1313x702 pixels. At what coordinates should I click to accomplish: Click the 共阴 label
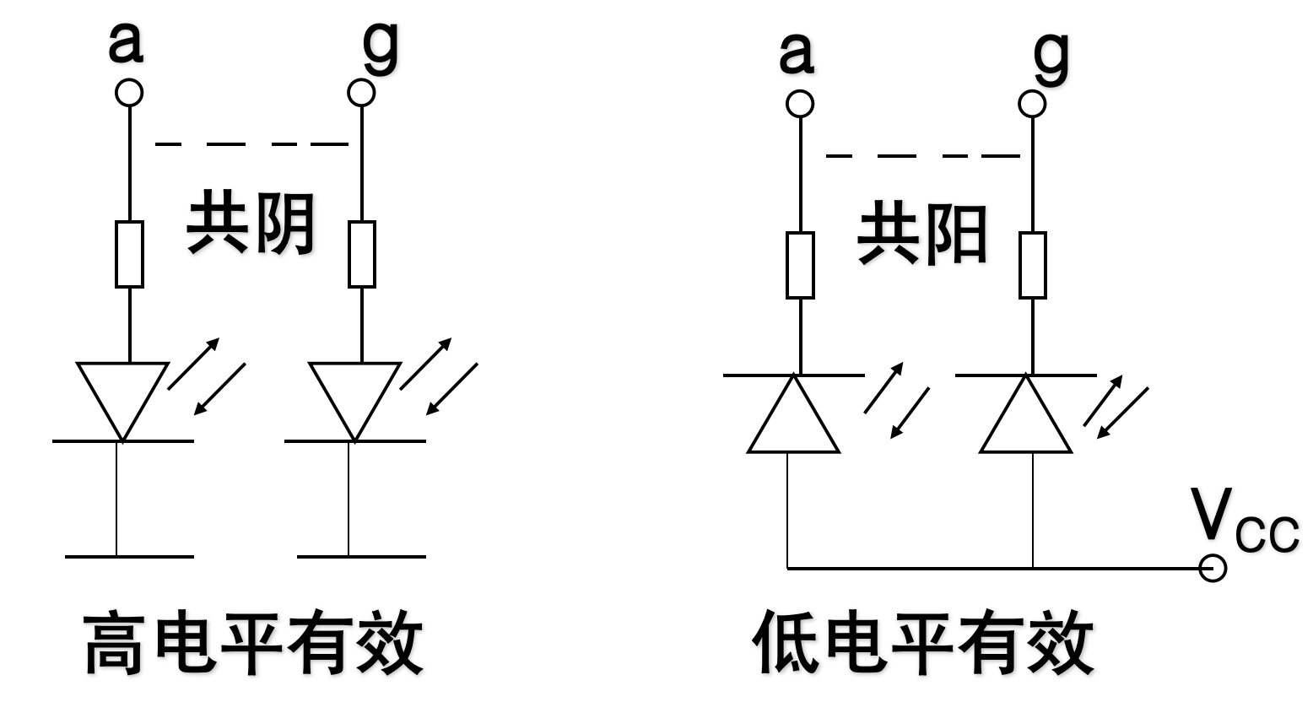(x=251, y=224)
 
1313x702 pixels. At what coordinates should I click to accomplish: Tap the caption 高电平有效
(x=253, y=644)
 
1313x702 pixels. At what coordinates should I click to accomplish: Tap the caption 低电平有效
(x=922, y=644)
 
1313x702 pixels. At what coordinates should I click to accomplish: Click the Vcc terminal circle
(x=1213, y=569)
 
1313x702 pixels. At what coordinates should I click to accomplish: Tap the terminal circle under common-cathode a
(x=129, y=92)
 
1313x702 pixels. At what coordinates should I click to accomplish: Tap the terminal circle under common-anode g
(x=1031, y=105)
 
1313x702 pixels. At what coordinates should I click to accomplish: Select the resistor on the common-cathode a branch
(x=129, y=254)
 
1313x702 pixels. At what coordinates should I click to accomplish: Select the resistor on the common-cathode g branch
(x=361, y=254)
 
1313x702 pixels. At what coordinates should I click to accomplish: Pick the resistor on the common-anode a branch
(x=800, y=265)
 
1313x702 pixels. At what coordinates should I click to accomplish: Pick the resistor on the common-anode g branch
(x=1032, y=265)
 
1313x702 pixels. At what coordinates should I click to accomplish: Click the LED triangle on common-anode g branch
(x=1026, y=419)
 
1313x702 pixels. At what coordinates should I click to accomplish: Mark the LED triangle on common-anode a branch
(x=793, y=419)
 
